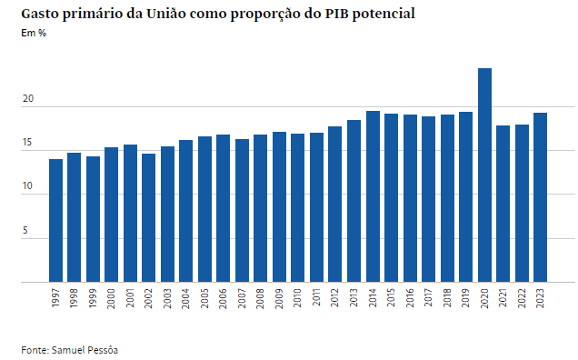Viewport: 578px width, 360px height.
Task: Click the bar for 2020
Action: [x=484, y=175]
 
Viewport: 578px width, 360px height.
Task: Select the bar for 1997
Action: [x=55, y=220]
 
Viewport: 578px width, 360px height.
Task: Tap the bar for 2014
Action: [x=373, y=196]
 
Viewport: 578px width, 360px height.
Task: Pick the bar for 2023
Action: [x=540, y=197]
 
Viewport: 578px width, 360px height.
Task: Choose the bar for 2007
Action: [x=242, y=210]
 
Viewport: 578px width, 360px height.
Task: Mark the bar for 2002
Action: [x=148, y=217]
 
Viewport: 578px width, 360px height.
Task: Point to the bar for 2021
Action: [x=503, y=204]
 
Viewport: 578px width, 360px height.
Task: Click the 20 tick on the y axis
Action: [x=28, y=99]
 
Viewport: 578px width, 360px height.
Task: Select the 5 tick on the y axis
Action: [x=26, y=231]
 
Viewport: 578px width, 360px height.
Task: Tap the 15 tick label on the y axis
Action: [x=28, y=143]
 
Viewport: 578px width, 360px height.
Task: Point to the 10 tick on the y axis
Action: [x=28, y=187]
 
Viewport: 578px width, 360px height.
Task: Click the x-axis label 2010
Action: [x=298, y=299]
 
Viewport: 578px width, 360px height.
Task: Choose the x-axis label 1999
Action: [x=93, y=299]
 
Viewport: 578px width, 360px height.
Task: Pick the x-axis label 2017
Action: [x=428, y=299]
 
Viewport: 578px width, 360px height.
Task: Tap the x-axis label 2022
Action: [x=522, y=299]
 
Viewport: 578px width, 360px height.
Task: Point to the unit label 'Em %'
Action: [x=34, y=34]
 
